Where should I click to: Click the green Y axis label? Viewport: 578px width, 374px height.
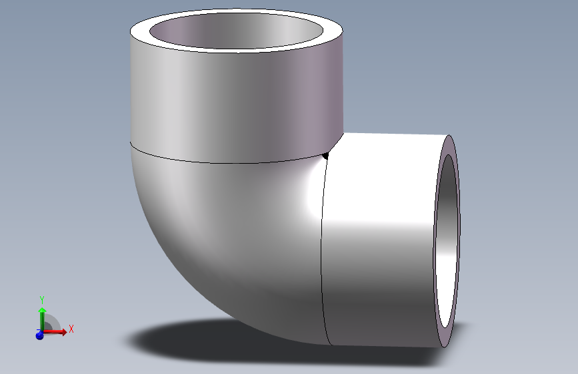[x=42, y=299]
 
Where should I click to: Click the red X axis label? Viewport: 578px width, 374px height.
[x=71, y=329]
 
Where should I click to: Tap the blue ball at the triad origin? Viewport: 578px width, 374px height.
[x=39, y=335]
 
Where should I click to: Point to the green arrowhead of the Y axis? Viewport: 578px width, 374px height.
[x=42, y=311]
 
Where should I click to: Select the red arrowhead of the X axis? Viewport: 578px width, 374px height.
[x=63, y=331]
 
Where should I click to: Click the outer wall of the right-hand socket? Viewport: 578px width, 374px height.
[x=380, y=266]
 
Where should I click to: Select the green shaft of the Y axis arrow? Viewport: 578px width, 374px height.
[x=42, y=321]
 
